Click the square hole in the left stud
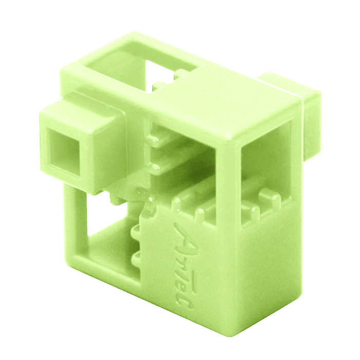coord(64,153)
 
